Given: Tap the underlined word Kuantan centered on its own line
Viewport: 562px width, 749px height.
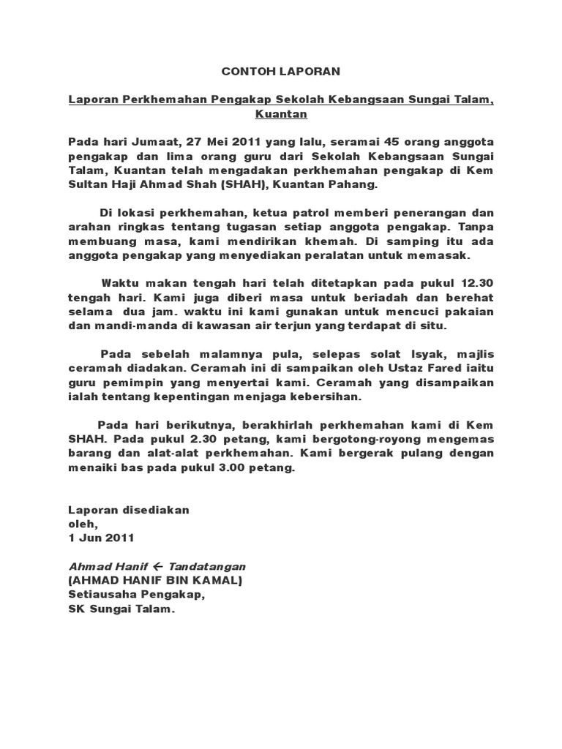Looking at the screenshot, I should click(282, 114).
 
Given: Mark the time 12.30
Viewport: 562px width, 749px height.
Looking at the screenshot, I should click(479, 283).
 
